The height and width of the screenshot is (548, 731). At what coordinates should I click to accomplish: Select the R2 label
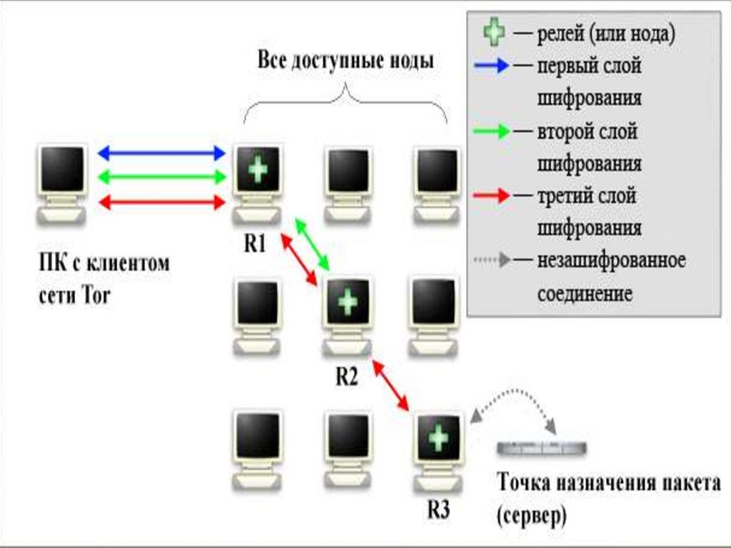346,377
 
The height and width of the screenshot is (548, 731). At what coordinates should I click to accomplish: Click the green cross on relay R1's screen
258,171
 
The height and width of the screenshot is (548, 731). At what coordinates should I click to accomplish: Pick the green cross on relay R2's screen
348,301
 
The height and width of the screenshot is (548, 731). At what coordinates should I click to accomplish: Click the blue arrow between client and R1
161,151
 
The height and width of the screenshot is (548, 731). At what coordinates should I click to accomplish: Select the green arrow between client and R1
161,176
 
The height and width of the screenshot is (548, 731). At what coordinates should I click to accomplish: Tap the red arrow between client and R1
161,202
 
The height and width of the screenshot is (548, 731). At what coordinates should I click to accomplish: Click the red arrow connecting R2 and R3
392,387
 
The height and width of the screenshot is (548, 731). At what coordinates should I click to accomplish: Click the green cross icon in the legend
495,32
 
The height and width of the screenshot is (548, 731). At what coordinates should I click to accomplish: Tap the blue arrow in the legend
493,66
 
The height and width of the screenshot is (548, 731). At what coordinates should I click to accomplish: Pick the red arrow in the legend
493,195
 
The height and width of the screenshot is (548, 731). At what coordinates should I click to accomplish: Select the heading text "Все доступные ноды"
346,60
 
